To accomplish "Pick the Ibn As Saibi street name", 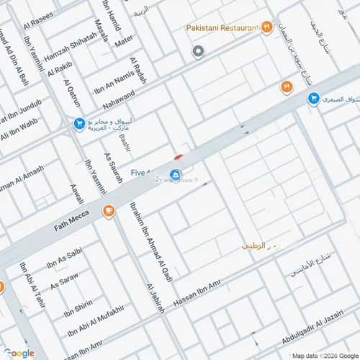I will click(x=65, y=257).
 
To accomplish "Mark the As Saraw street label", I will click(x=64, y=279).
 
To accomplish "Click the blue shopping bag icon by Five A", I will click(x=175, y=175).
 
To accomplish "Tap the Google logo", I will click(x=19, y=353).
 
